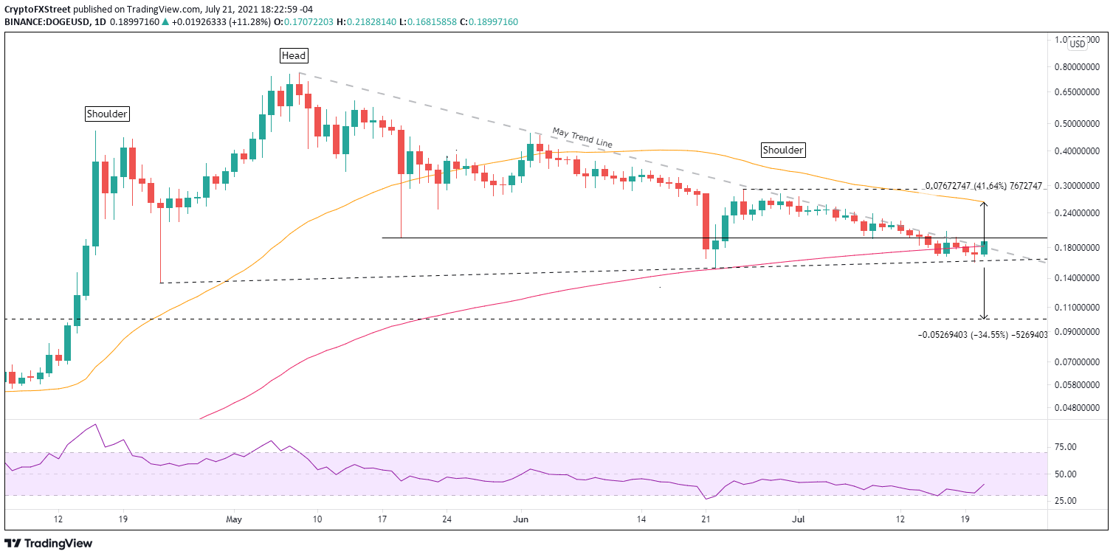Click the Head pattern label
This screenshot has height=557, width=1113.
tap(293, 55)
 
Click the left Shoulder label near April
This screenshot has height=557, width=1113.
tap(107, 114)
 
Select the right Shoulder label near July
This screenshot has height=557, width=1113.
tap(782, 150)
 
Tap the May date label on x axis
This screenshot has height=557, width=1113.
tap(234, 519)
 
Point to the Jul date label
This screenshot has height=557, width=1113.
tap(798, 519)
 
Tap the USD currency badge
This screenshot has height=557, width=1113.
tap(1078, 44)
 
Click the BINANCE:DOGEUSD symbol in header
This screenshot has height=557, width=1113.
tap(49, 22)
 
